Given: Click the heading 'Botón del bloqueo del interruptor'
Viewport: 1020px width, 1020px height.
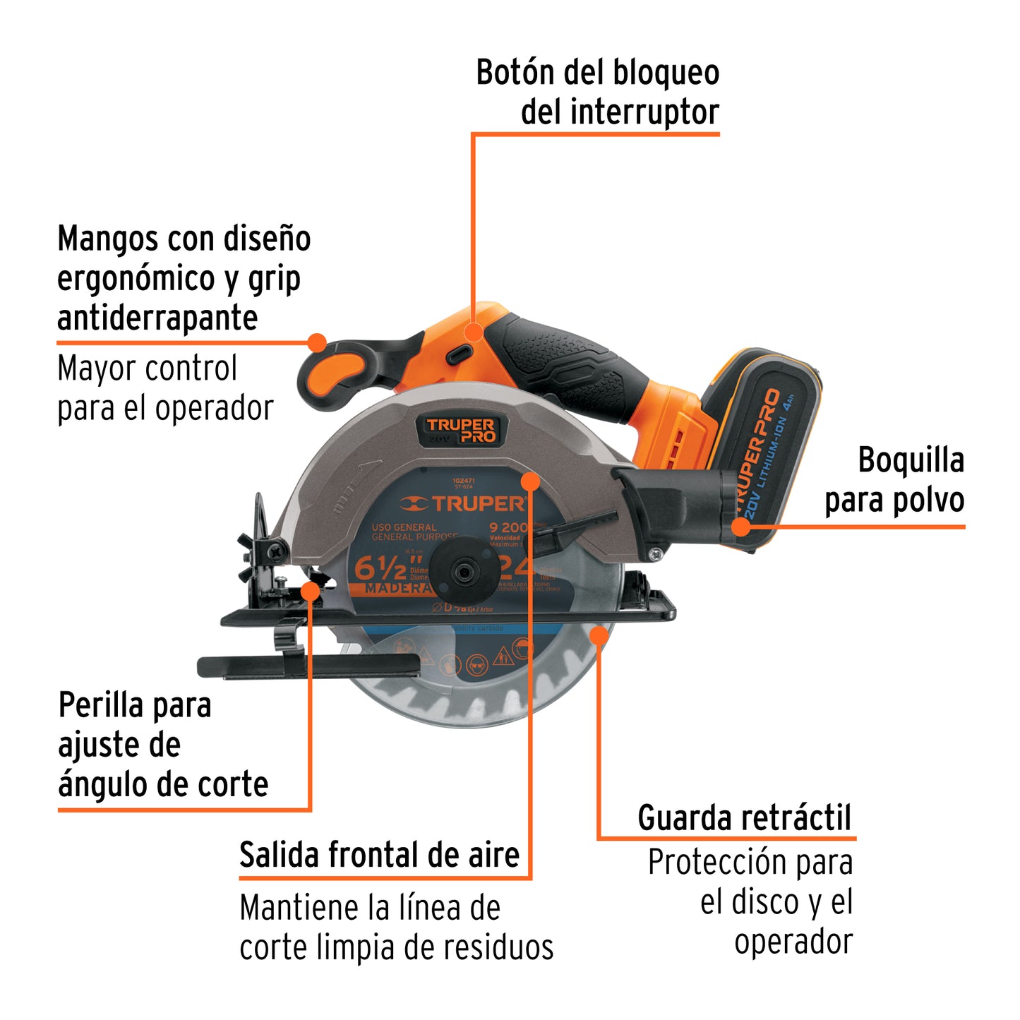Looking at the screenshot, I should pyautogui.click(x=597, y=92).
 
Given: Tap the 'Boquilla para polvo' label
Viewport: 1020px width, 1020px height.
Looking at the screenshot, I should pyautogui.click(x=894, y=480).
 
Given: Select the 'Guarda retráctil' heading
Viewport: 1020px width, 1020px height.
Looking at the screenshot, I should pyautogui.click(x=745, y=818).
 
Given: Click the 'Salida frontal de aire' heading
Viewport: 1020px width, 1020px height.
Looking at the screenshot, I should pyautogui.click(x=379, y=855).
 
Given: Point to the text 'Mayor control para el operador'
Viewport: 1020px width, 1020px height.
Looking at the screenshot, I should pyautogui.click(x=164, y=388).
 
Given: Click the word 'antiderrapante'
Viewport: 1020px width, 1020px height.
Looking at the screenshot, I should pyautogui.click(x=157, y=318).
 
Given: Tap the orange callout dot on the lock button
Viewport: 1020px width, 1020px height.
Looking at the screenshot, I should pyautogui.click(x=474, y=332).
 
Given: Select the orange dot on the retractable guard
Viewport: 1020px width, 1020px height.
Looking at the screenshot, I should pyautogui.click(x=599, y=635).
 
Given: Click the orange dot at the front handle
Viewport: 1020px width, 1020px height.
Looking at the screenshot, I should pyautogui.click(x=318, y=343).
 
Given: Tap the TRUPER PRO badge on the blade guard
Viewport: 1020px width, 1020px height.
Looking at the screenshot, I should pyautogui.click(x=460, y=430).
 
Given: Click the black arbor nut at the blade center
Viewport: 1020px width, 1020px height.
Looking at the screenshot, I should pyautogui.click(x=463, y=572).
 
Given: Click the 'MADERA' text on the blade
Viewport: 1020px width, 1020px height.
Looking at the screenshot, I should pyautogui.click(x=397, y=588).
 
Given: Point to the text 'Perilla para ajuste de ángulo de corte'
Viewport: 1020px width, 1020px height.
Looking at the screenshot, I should pyautogui.click(x=162, y=745).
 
